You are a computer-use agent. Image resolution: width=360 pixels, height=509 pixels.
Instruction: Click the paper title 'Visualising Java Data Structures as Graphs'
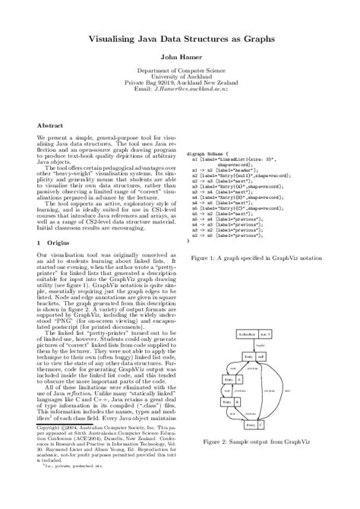coord(179,36)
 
